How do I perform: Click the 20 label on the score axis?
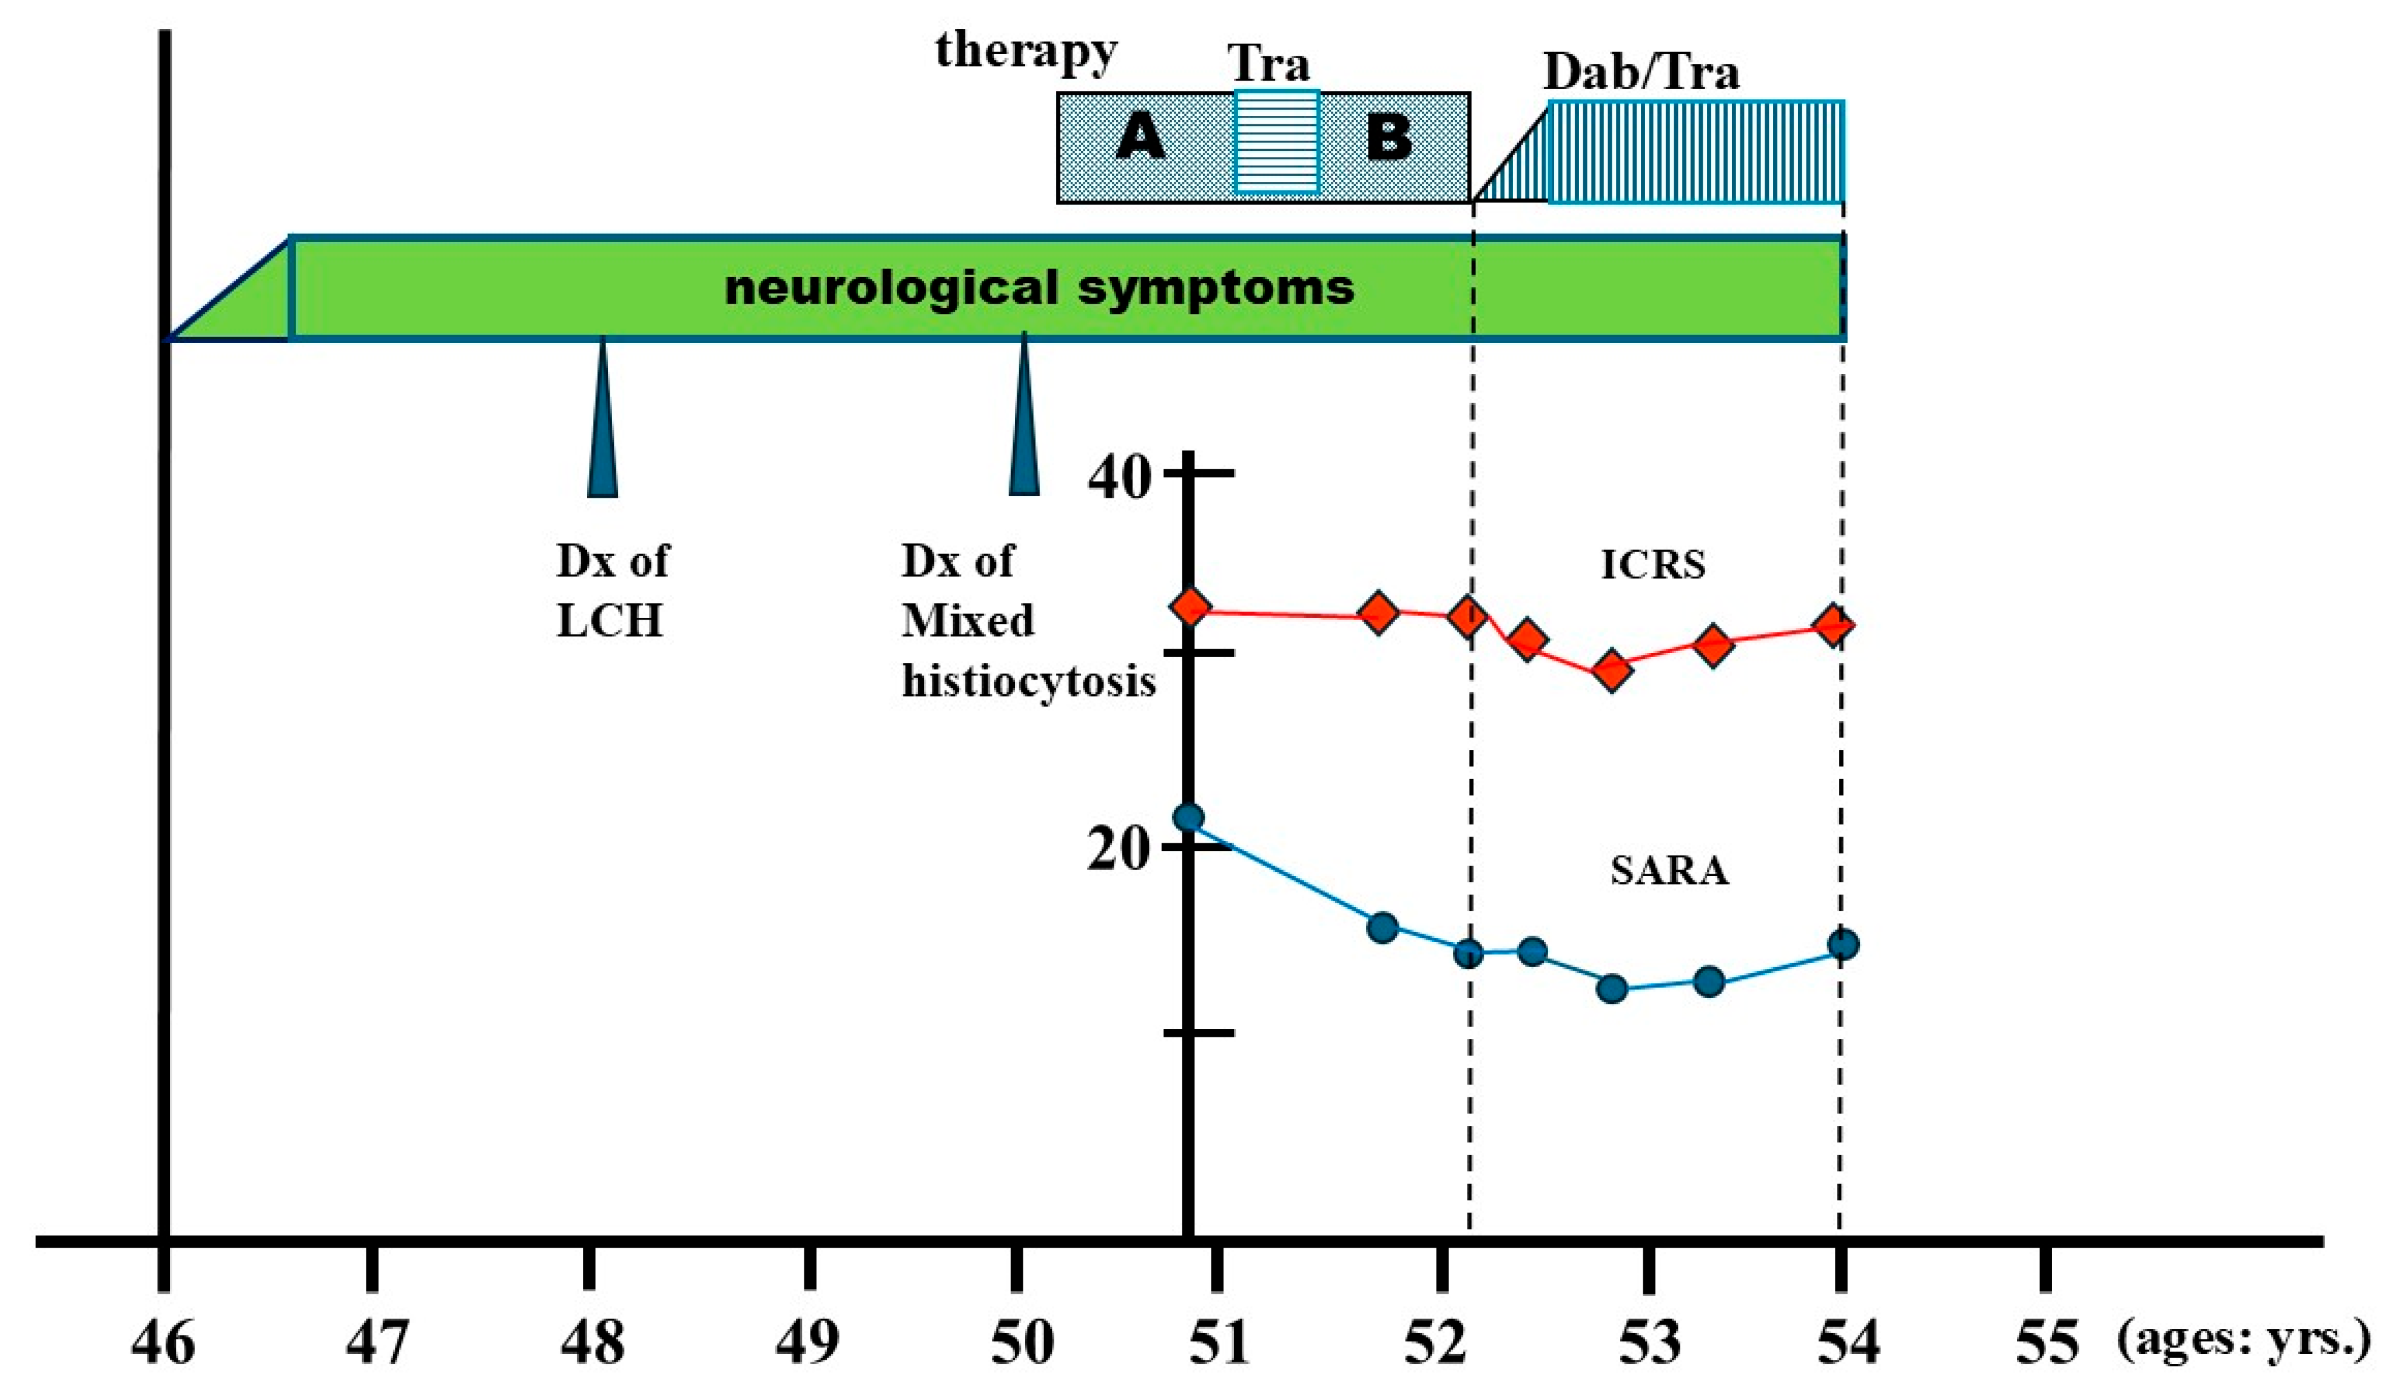click(1120, 849)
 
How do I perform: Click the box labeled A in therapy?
click(1142, 139)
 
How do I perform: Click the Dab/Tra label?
click(1641, 72)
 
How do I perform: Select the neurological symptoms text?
click(1039, 287)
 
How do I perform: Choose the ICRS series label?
click(1653, 564)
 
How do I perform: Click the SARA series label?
click(1669, 870)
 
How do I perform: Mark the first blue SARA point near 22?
click(1188, 817)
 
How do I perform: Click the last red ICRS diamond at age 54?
click(1834, 625)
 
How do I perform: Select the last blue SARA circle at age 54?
click(1842, 944)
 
